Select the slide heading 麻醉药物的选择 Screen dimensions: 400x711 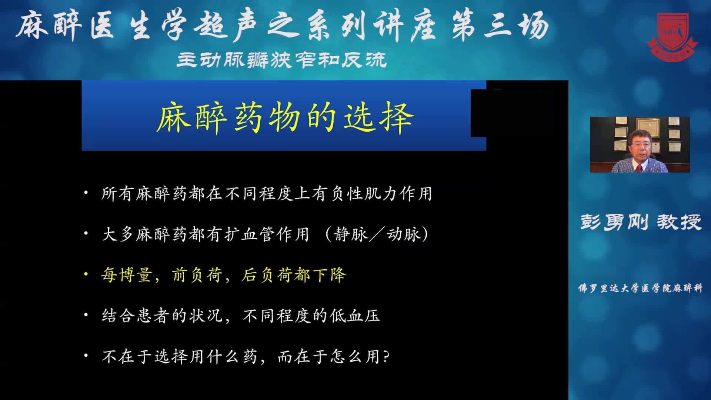point(284,117)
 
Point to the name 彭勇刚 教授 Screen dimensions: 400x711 point(641,222)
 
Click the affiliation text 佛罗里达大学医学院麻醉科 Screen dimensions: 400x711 point(640,288)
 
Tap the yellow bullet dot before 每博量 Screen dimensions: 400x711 point(86,274)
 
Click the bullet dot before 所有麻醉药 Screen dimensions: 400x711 point(86,193)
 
